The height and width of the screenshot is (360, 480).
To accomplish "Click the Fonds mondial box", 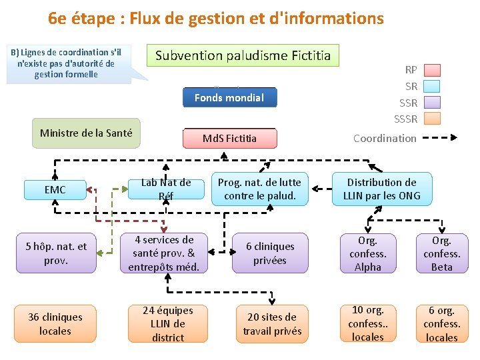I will coord(229,97).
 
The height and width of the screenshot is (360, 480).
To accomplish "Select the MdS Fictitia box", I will coord(229,139).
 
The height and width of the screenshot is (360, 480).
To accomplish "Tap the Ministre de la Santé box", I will coord(86,133).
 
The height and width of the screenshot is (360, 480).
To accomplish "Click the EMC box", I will coord(55,190).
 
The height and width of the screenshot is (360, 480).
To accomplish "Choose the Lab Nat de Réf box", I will coord(166,189).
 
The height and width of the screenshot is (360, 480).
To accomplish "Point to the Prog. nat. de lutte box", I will coord(259,189).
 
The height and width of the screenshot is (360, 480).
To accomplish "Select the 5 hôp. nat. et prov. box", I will coord(56,253).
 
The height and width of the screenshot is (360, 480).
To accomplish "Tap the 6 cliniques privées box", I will coord(270,253).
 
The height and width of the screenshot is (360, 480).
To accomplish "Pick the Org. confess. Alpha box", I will coord(367,253).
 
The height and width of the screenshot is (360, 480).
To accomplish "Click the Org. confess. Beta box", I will coord(441,253).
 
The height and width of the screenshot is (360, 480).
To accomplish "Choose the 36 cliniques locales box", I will coord(55,323).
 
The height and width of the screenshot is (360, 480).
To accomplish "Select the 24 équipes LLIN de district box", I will coord(167,323).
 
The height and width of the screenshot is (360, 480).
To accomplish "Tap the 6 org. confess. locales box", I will coord(441,323).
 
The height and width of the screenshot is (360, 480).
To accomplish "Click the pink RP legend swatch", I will coord(433,69).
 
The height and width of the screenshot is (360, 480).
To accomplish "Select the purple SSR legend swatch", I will coord(433,103).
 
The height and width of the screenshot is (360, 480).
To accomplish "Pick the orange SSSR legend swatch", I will coord(433,119).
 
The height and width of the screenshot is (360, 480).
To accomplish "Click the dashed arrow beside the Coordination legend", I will coord(441,138).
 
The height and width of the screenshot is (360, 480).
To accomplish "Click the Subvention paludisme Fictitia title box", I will coord(243,55).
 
